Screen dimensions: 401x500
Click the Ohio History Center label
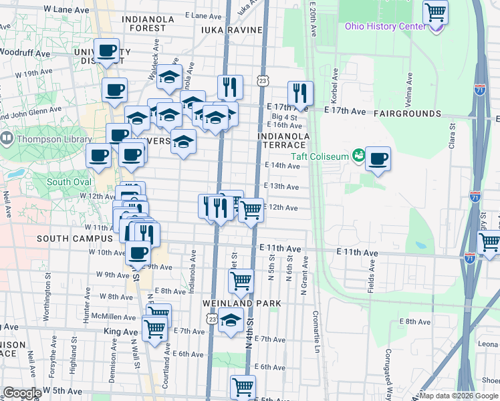pos(384,26)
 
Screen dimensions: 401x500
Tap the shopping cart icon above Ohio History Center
pos(435,11)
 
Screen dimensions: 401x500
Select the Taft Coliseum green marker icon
pos(359,156)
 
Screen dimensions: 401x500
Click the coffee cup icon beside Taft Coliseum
pos(378,159)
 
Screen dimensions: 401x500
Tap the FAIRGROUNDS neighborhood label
pos(407,114)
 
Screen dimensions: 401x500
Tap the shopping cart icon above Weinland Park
pos(241,281)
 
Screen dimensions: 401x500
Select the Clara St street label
pos(452,134)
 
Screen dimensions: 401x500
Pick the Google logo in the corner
pos(23,393)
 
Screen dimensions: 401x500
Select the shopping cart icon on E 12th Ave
pos(251,210)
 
